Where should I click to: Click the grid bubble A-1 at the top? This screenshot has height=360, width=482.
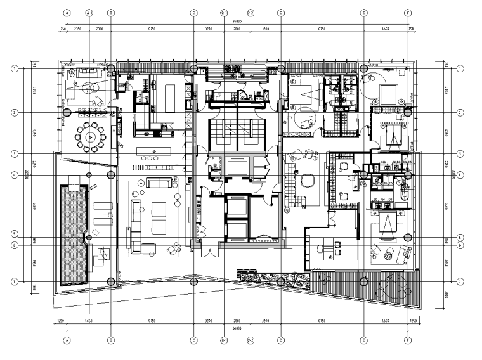click(89, 12)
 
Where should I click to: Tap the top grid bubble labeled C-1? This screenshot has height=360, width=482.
click(224, 12)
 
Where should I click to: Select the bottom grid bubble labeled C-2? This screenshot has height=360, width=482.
click(251, 340)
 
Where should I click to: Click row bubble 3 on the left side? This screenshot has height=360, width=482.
click(14, 153)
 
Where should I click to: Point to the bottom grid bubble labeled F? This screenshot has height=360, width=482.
click(408, 340)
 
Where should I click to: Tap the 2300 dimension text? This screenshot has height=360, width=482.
click(100, 29)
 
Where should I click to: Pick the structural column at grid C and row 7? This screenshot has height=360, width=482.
click(194, 281)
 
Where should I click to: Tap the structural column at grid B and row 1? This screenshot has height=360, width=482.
click(111, 68)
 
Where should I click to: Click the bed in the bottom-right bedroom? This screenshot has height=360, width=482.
click(387, 227)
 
